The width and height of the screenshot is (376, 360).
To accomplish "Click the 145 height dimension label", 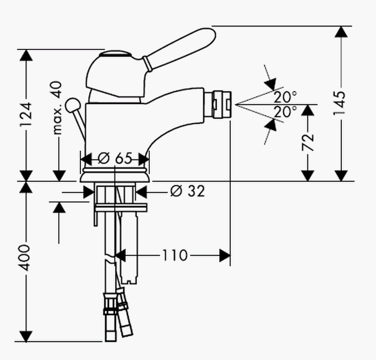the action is tap(341, 104).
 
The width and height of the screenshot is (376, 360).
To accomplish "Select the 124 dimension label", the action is tap(26, 115).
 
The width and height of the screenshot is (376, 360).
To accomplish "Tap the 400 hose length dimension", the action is tap(25, 258).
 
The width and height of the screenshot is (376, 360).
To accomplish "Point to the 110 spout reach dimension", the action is tap(174, 255).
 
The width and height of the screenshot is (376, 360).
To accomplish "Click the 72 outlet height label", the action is tap(308, 142).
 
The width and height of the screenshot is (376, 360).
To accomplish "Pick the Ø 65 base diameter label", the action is tap(115, 158).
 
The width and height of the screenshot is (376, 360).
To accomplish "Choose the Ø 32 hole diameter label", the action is tap(187, 191).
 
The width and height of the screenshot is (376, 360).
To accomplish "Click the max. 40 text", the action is tap(57, 108).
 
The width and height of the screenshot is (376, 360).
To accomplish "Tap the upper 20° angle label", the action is tap(286, 97).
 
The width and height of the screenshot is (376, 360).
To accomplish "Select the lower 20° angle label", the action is tap(286, 111).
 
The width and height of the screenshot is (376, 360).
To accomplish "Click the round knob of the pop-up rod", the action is tap(73, 105).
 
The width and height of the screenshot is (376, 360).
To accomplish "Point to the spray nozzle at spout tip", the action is tap(218, 105).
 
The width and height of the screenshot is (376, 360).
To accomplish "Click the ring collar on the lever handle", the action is tap(147, 64).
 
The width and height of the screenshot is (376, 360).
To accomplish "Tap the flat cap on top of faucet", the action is tap(116, 54).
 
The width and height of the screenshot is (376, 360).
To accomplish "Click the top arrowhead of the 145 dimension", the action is tap(341, 32).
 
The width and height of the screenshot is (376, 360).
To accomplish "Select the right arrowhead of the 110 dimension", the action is tap(224, 255).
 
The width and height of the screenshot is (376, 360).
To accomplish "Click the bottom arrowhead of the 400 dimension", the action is tap(26, 336).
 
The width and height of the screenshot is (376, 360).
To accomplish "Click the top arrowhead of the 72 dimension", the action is tap(308, 110).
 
